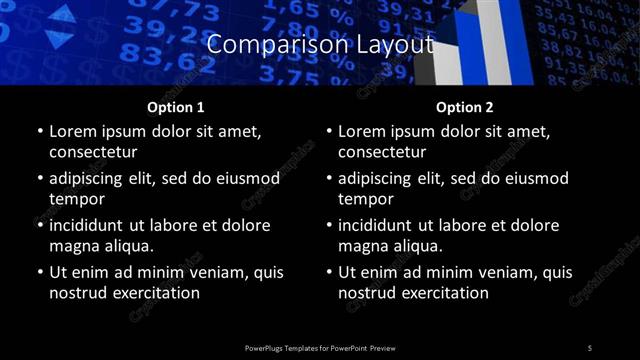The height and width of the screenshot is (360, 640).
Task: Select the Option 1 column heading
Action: tap(176, 107)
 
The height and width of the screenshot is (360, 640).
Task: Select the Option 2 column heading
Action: tap(465, 107)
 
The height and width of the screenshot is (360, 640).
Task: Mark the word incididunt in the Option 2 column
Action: tap(381, 225)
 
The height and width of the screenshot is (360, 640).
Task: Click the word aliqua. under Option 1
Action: tap(124, 246)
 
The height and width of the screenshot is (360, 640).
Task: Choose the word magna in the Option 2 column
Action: tap(362, 246)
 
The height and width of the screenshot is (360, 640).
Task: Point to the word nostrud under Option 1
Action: tap(78, 293)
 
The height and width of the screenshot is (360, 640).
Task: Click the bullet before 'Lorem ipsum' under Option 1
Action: tap(39, 131)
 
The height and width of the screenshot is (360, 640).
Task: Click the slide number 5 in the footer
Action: tap(590, 347)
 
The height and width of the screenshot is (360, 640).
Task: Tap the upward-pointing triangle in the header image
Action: tap(62, 14)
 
